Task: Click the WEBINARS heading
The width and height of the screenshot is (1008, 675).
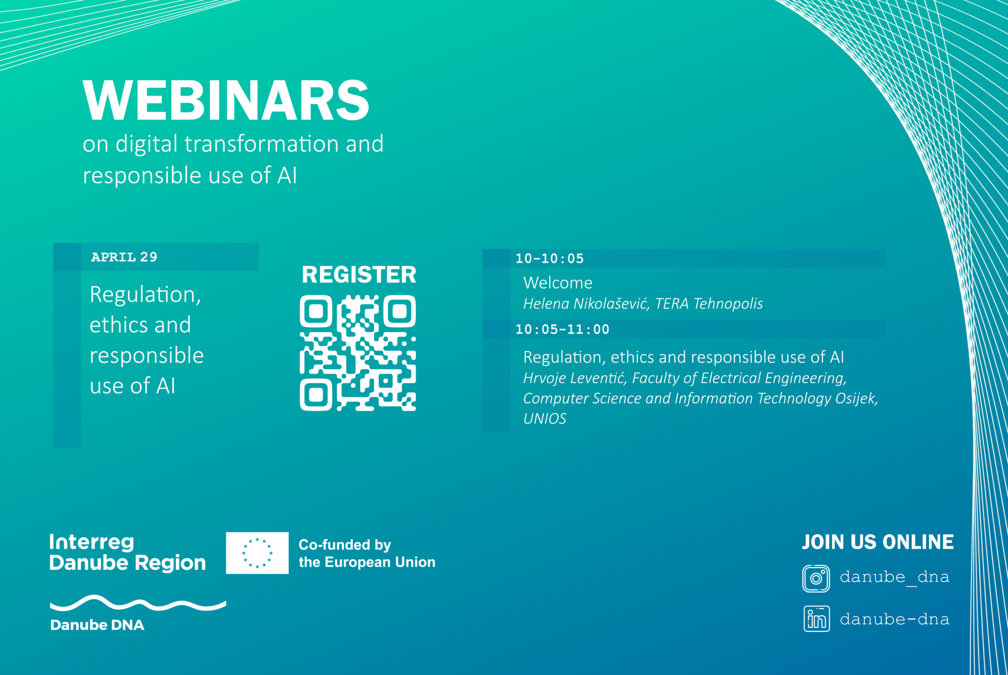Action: pyautogui.click(x=226, y=100)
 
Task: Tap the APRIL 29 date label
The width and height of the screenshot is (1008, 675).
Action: pyautogui.click(x=124, y=257)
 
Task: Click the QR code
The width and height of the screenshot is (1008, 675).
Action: pyautogui.click(x=358, y=353)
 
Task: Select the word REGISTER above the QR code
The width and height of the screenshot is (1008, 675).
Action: pyautogui.click(x=359, y=275)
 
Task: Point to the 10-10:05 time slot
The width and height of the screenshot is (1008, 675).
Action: pyautogui.click(x=549, y=258)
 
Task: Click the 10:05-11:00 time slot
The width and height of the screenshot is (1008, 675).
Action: pyautogui.click(x=562, y=329)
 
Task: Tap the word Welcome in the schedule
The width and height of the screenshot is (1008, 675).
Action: pyautogui.click(x=558, y=283)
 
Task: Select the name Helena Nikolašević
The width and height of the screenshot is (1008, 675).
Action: pyautogui.click(x=586, y=303)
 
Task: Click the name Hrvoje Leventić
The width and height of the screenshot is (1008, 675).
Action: pyautogui.click(x=575, y=378)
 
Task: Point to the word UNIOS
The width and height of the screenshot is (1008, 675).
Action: pyautogui.click(x=545, y=418)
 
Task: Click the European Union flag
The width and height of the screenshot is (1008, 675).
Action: pyautogui.click(x=257, y=553)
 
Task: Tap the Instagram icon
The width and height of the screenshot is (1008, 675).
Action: pyautogui.click(x=816, y=578)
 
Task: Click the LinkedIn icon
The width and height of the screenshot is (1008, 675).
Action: pyautogui.click(x=816, y=619)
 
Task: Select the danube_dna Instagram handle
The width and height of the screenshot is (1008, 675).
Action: pyautogui.click(x=894, y=577)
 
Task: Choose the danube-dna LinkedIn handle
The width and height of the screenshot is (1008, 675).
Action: pyautogui.click(x=894, y=619)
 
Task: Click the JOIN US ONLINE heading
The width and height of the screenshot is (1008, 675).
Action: pyautogui.click(x=878, y=542)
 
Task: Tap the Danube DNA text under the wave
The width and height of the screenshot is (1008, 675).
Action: pyautogui.click(x=97, y=625)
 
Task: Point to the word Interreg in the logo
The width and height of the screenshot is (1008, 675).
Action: pyautogui.click(x=92, y=542)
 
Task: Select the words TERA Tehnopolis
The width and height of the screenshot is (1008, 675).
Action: pyautogui.click(x=709, y=303)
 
